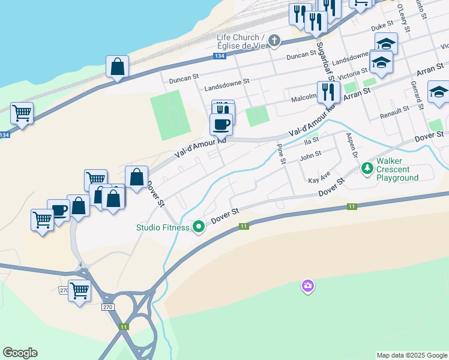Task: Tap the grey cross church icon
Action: tap(274, 41)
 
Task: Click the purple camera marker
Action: tap(308, 286)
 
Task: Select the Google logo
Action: tap(20, 353)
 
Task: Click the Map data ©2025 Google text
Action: tap(412, 355)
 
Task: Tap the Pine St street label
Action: tap(280, 153)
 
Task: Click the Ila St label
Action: tap(311, 140)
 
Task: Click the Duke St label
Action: tap(382, 27)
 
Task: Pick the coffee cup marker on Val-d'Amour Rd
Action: tap(221, 124)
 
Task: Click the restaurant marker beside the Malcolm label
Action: tap(327, 92)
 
